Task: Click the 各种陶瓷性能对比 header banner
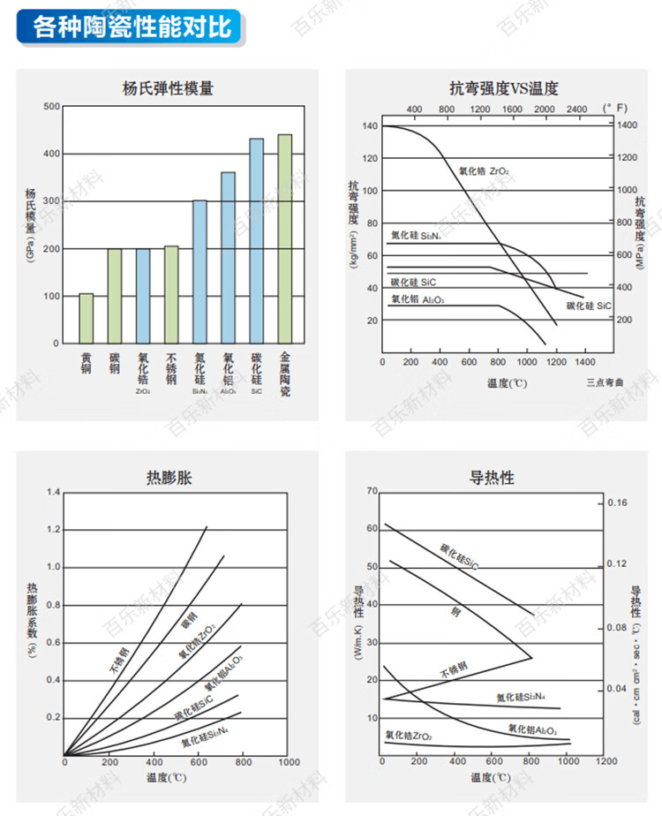click(132, 26)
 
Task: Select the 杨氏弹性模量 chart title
click(168, 88)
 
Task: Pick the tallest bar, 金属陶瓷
click(285, 238)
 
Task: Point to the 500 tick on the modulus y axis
click(51, 107)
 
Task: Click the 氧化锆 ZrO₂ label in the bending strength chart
click(483, 170)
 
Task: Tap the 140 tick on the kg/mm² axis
click(369, 126)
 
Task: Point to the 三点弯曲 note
click(604, 382)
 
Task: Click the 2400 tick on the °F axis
click(575, 109)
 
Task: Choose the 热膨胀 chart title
click(168, 479)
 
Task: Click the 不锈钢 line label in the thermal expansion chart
click(119, 661)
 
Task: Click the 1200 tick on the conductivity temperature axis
click(605, 760)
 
